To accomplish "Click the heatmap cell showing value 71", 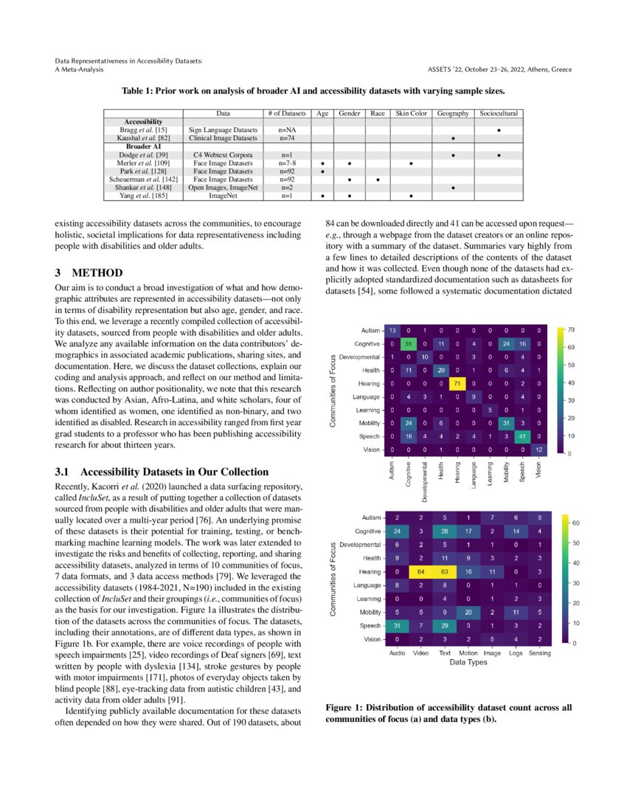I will pos(457,383).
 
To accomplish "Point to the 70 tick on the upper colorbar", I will pos(572,329).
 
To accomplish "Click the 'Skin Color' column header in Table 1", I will pos(412,114).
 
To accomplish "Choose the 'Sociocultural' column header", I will pos(499,114).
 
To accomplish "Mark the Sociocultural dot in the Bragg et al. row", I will pos(499,130).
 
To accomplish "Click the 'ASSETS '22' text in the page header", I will pos(448,69).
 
